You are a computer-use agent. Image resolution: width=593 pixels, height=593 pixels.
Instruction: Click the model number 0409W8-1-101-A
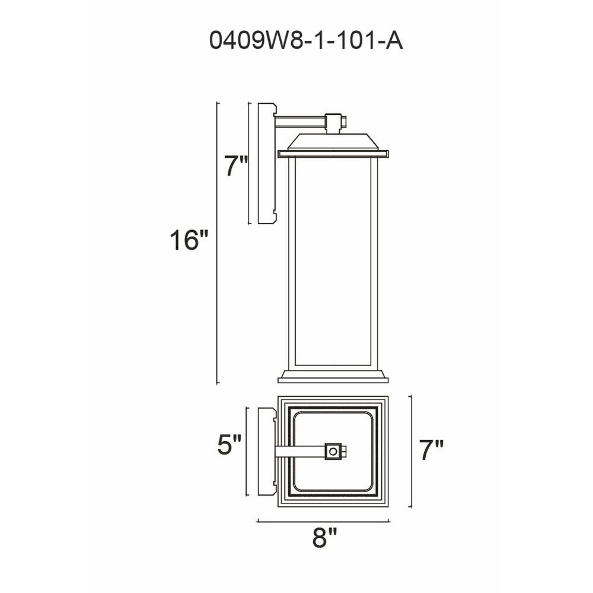pos(306,41)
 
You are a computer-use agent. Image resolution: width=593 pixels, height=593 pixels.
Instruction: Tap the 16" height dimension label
pos(189,241)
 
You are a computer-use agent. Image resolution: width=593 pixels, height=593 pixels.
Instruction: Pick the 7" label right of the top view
pos(431,450)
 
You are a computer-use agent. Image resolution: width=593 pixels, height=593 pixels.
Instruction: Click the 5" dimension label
pos(229,445)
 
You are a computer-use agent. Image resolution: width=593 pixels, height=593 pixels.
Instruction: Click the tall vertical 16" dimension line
pos(217,243)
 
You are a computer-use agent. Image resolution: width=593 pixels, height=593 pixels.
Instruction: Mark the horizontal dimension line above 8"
pos(323,521)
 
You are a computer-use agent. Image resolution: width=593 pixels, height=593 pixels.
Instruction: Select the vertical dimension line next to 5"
pos(247,451)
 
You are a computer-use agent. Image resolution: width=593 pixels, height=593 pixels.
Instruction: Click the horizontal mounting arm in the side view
pos(299,122)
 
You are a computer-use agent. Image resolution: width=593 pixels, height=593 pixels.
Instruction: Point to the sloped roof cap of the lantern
pos(333,142)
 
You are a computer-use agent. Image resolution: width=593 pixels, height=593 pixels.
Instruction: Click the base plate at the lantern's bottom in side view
pos(333,376)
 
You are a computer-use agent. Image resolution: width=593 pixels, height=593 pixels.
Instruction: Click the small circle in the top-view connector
pos(333,452)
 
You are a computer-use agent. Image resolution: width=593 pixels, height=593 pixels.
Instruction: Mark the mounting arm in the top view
pos(299,452)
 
